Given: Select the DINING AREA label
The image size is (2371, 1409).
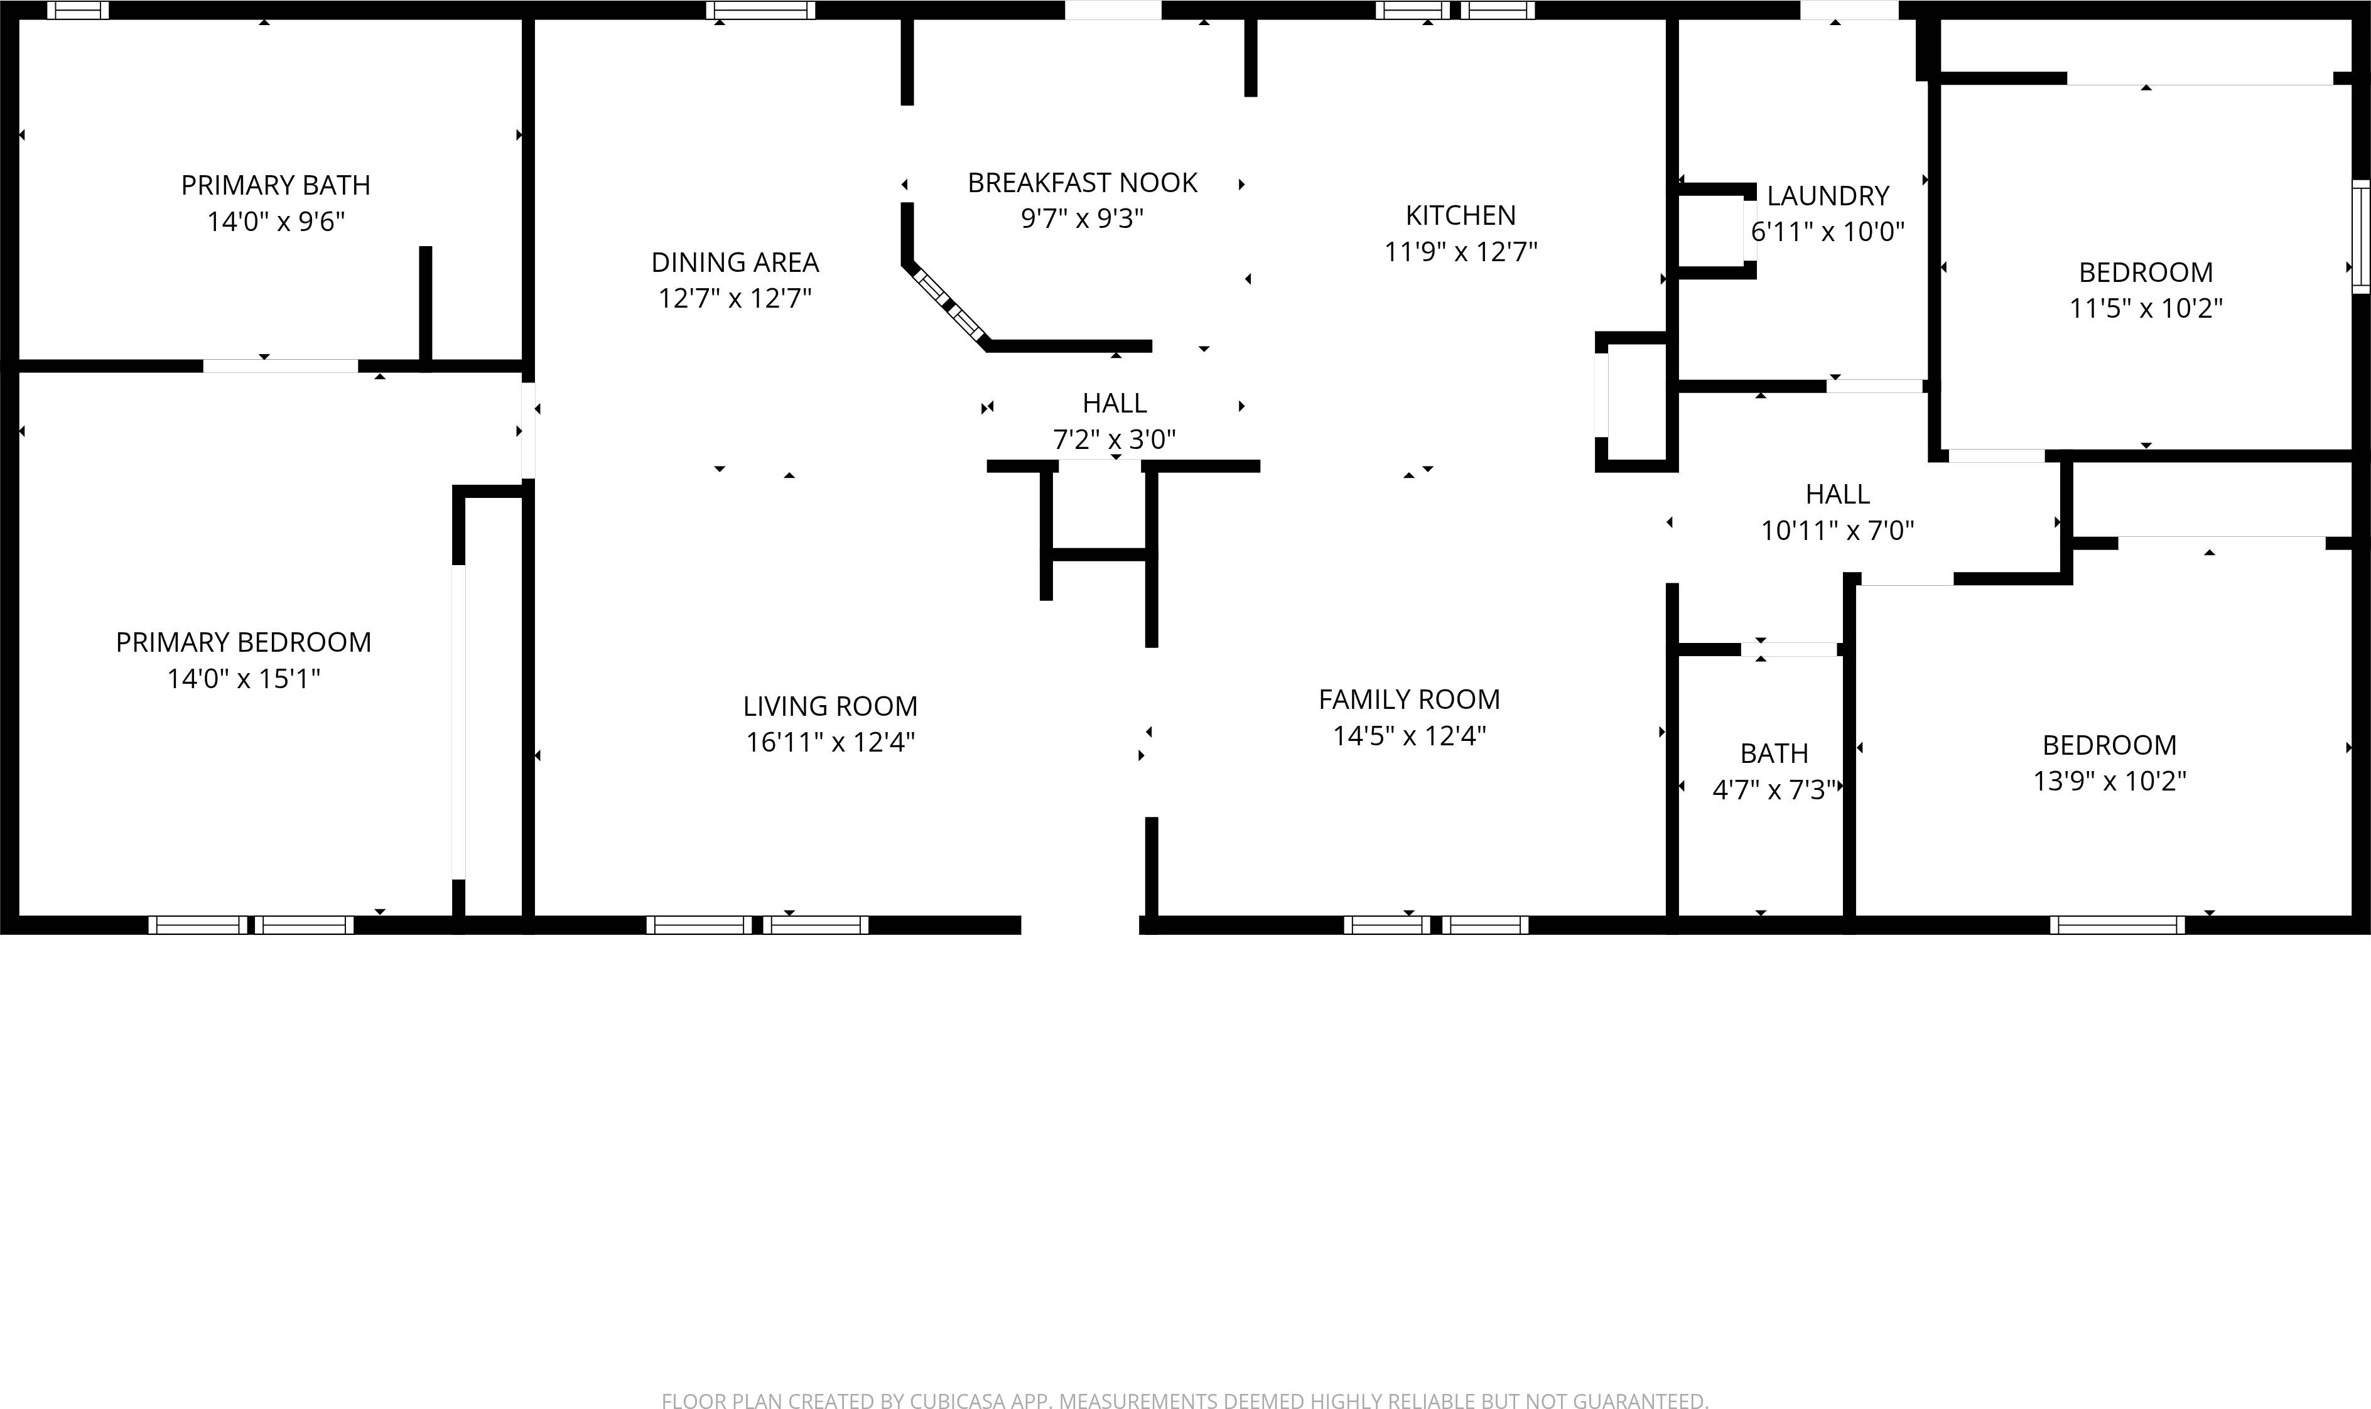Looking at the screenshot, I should [735, 262].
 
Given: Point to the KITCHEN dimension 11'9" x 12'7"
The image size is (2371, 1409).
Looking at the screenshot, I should [1461, 252].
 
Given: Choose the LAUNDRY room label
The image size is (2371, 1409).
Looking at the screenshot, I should [1827, 195].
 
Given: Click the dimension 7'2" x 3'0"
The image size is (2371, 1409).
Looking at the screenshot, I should [1114, 440].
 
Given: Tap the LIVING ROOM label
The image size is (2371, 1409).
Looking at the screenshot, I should [830, 706].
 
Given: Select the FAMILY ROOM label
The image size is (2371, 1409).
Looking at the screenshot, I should [1409, 699].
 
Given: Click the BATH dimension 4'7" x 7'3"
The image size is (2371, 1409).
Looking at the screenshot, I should [1774, 790].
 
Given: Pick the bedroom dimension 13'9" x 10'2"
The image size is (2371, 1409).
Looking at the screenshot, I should [2109, 781].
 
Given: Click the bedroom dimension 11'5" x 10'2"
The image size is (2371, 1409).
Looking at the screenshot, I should [2145, 308].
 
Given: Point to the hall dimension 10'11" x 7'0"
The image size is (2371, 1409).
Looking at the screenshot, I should [1837, 531].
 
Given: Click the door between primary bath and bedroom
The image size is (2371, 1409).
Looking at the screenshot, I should [280, 365].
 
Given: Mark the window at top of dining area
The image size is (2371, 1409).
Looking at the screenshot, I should [760, 11].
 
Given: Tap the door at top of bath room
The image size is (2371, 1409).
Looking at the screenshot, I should [1788, 649].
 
